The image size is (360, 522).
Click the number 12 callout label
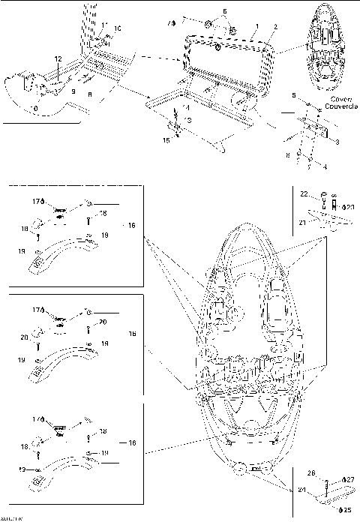(57, 58)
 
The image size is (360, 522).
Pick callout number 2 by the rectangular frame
(276, 27)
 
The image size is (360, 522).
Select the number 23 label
(349, 206)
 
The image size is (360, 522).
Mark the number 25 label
(348, 510)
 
